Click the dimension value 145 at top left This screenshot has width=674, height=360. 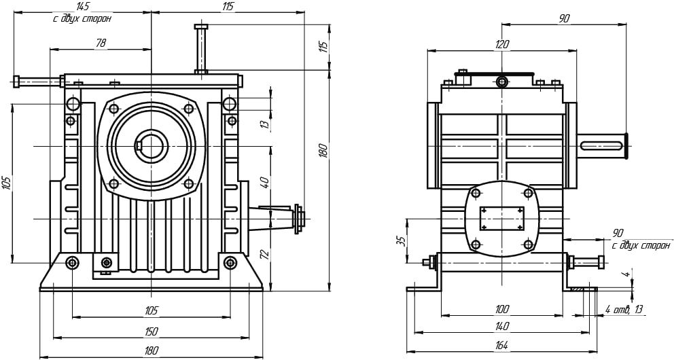coord(82,6)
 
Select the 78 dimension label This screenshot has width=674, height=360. coord(101,43)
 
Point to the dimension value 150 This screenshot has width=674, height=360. coord(151,331)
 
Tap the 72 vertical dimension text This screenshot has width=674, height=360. coord(266,255)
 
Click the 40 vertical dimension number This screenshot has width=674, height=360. coord(266,183)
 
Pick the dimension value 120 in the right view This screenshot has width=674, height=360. coord(502,44)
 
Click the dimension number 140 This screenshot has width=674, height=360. coord(501,327)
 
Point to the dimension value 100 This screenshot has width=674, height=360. coord(501,310)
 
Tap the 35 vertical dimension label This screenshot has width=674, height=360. coord(401,240)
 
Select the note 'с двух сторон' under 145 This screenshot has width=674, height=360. coord(82,19)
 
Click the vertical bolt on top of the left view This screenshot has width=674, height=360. coord(201,49)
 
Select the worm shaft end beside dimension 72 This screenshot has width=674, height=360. coord(296,218)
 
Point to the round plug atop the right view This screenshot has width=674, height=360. coord(501,83)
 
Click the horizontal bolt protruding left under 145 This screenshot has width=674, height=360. coord(37,82)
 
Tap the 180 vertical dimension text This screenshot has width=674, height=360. coord(323,150)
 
